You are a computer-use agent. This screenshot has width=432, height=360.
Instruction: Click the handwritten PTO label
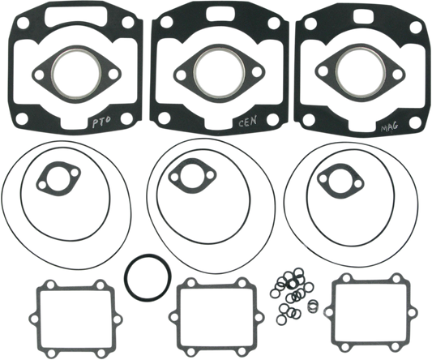[101, 122]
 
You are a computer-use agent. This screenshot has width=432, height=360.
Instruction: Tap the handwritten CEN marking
[247, 121]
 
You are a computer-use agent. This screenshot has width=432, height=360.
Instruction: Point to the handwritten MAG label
[389, 127]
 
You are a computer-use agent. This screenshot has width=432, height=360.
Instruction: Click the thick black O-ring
[148, 277]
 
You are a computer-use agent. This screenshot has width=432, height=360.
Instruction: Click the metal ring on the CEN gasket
[195, 73]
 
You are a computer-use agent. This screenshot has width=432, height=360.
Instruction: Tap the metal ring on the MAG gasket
[336, 72]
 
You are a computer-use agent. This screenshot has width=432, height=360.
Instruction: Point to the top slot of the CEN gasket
[220, 12]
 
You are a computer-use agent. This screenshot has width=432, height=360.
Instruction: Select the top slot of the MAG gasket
[365, 16]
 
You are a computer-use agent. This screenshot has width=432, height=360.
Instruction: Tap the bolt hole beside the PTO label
[126, 118]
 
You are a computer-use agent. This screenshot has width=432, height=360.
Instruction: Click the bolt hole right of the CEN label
[273, 119]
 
